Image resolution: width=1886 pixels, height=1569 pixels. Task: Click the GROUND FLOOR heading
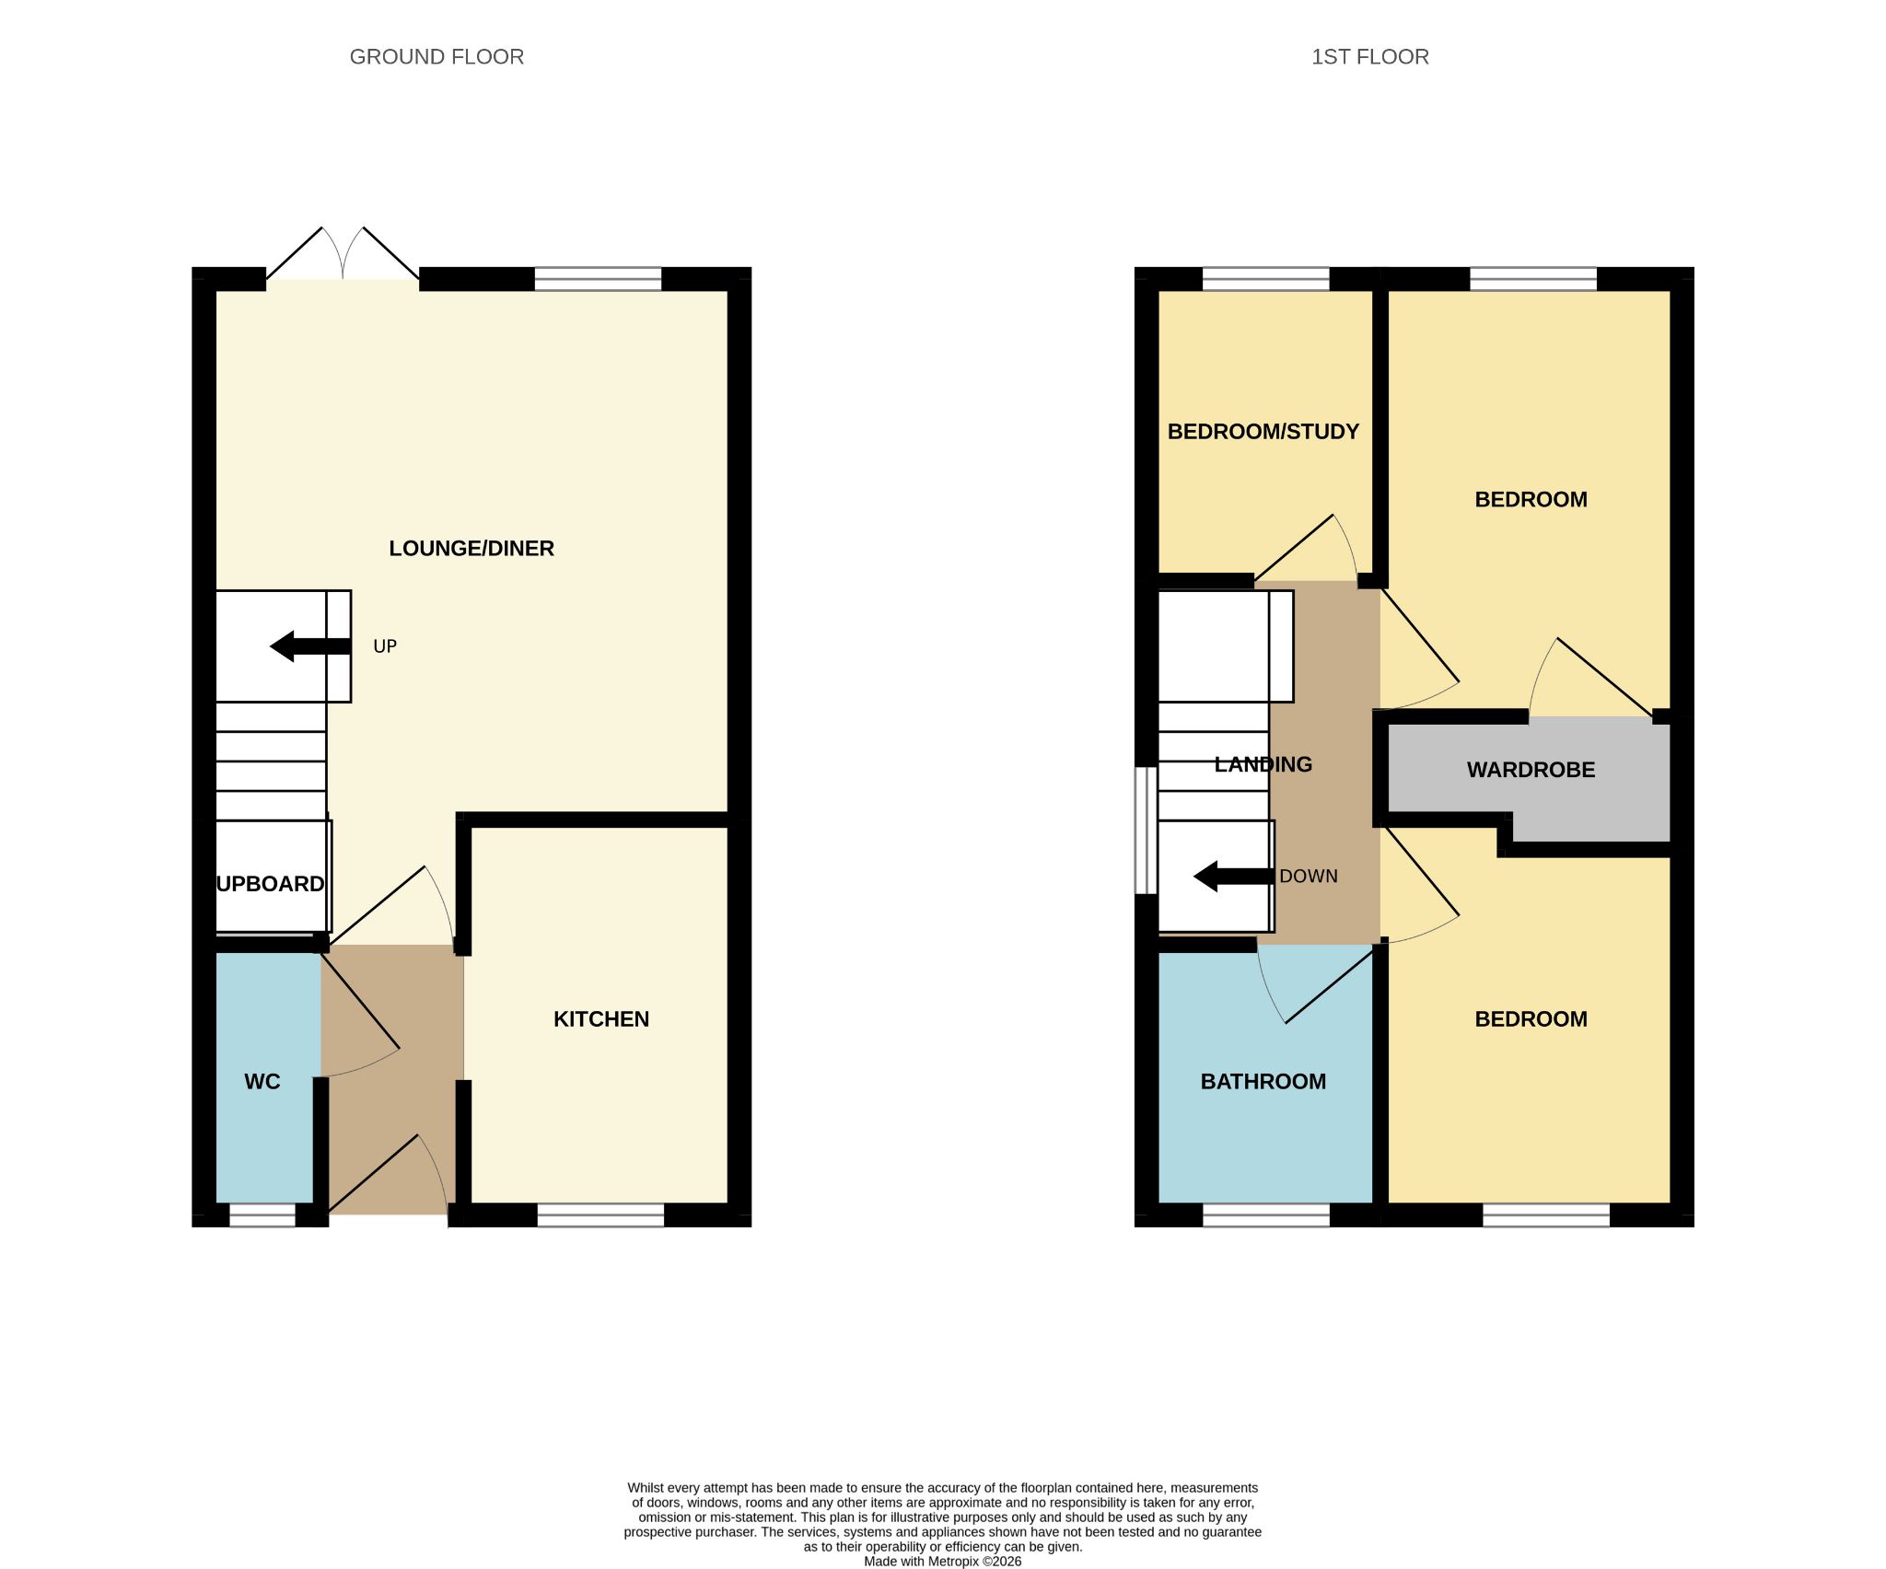[x=437, y=57]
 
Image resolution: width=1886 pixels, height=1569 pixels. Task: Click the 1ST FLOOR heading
[x=1370, y=57]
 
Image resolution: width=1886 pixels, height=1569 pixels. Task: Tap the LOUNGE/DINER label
[x=471, y=549]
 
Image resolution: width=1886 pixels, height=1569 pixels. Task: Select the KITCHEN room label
[x=601, y=1019]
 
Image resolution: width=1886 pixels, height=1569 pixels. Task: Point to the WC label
[x=262, y=1082]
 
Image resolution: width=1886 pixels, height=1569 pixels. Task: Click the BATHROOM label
[x=1263, y=1082]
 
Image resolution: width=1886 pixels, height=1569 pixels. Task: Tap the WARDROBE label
[x=1531, y=770]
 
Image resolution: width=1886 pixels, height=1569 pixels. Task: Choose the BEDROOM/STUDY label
[x=1263, y=432]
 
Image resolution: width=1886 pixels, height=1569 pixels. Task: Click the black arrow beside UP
[x=310, y=646]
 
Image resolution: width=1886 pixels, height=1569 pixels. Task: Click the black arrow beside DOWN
[x=1234, y=877]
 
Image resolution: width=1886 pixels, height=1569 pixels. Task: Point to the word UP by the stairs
[x=385, y=646]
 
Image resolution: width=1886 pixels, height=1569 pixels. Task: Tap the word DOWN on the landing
[x=1309, y=877]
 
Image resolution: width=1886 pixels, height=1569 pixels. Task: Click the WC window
[x=262, y=1215]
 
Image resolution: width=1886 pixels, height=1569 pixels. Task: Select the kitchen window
[x=600, y=1215]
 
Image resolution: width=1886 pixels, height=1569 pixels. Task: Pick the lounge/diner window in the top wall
[x=598, y=279]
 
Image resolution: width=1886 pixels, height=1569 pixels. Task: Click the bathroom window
[x=1266, y=1215]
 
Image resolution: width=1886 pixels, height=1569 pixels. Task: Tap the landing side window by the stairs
[x=1146, y=831]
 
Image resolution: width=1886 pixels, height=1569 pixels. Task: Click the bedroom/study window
[x=1266, y=279]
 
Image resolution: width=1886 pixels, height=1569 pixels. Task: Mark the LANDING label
[x=1263, y=764]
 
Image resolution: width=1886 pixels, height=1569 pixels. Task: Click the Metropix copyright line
[x=943, y=1561]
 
